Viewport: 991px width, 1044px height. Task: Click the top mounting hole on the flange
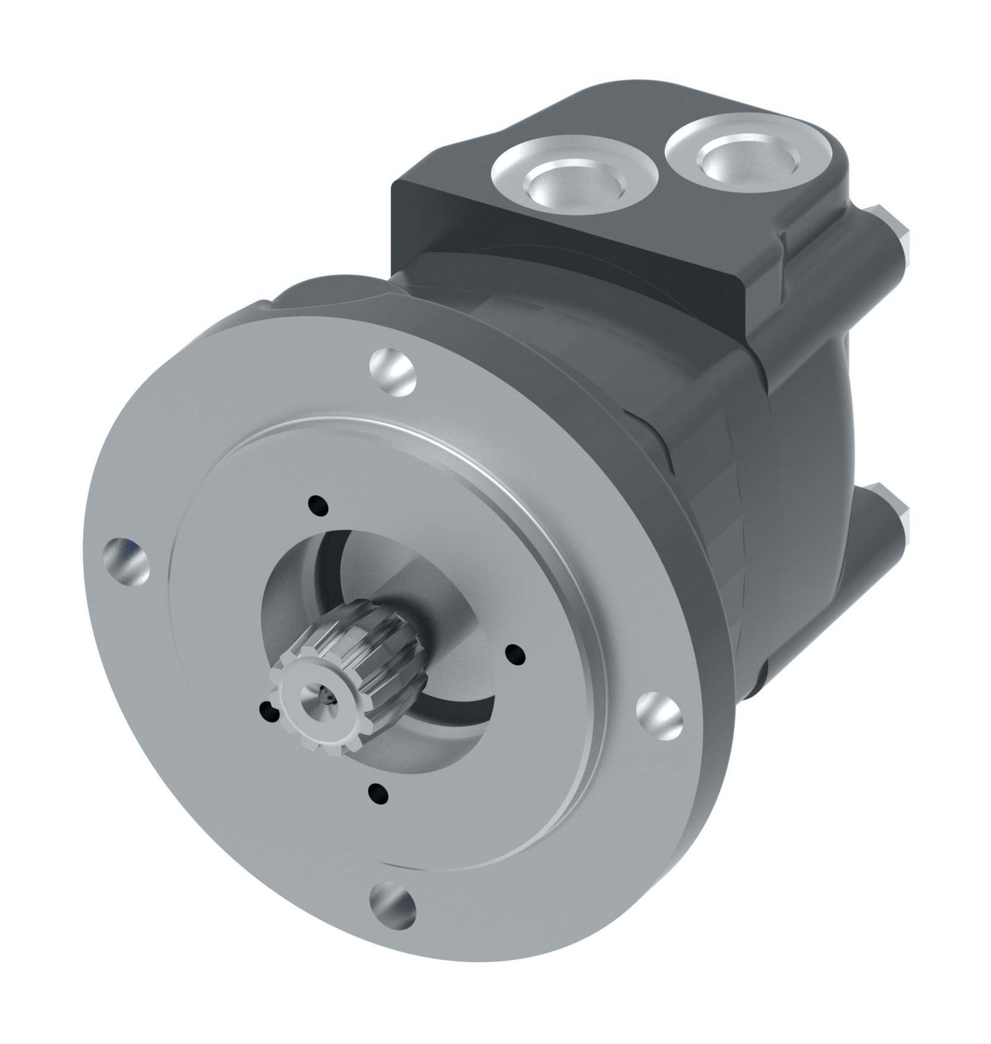(x=393, y=372)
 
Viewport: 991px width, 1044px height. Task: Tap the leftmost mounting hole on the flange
(x=126, y=561)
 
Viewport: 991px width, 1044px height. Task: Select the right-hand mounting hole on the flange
(x=659, y=716)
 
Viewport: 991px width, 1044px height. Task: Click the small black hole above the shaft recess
(x=318, y=505)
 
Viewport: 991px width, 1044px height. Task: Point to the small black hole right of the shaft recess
(x=515, y=654)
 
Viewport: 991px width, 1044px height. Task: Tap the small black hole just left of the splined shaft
(x=271, y=711)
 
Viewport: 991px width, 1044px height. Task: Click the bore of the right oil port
(x=746, y=159)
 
